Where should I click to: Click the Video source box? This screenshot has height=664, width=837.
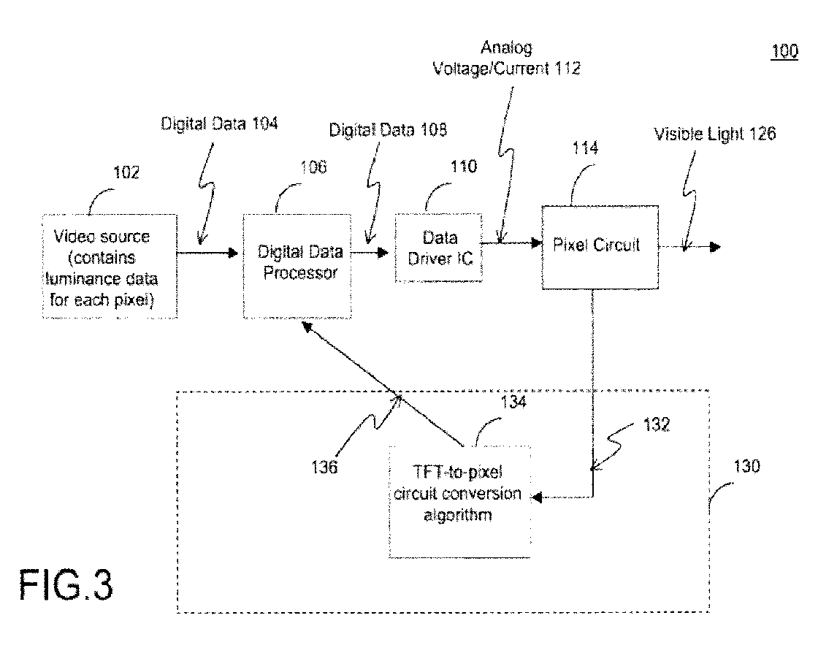110,267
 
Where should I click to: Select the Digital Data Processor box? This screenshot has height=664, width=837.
297,267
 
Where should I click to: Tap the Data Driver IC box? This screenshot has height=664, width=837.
439,248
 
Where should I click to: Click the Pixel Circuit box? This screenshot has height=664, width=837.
600,247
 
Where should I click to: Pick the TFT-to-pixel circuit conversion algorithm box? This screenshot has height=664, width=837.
459,502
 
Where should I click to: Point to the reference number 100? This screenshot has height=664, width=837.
784,51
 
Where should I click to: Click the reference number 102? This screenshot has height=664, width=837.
126,172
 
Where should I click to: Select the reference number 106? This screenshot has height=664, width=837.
313,167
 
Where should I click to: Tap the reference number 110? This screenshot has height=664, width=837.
463,167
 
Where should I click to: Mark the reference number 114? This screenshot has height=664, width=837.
585,148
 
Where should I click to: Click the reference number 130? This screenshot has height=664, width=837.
746,467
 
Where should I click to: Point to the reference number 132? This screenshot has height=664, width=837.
657,425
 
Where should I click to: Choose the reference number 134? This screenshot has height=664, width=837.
513,401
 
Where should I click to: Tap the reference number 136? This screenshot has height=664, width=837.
324,468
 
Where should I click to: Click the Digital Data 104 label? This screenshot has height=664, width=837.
219,124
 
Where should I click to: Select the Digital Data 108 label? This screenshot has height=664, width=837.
388,130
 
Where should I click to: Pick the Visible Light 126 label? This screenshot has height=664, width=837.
715,134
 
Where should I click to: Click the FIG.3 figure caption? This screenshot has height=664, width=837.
66,586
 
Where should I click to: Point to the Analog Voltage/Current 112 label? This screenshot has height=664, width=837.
507,58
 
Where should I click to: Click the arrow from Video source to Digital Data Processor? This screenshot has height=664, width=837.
207,253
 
